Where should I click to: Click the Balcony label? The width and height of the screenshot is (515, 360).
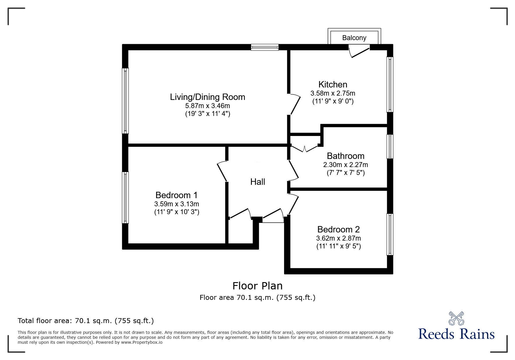(354, 38)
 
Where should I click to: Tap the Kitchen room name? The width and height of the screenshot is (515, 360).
(333, 85)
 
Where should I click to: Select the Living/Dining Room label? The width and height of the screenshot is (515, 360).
(207, 97)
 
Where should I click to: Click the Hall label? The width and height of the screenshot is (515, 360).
(258, 182)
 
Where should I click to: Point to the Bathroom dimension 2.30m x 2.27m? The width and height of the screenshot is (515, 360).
(345, 165)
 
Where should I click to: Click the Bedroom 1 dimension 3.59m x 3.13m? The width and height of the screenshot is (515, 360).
(177, 204)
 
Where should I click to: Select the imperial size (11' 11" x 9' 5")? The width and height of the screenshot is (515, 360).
(338, 246)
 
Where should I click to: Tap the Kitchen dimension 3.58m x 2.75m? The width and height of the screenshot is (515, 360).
(333, 93)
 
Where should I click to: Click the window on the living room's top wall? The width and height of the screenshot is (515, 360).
(265, 47)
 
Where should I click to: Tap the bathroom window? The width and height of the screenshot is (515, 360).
(390, 146)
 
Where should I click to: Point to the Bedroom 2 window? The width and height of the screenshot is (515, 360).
(390, 234)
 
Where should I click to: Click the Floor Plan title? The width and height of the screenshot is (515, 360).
(257, 286)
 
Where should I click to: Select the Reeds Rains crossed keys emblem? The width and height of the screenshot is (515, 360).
(456, 318)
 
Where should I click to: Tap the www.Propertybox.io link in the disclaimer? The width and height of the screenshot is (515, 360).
(142, 342)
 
